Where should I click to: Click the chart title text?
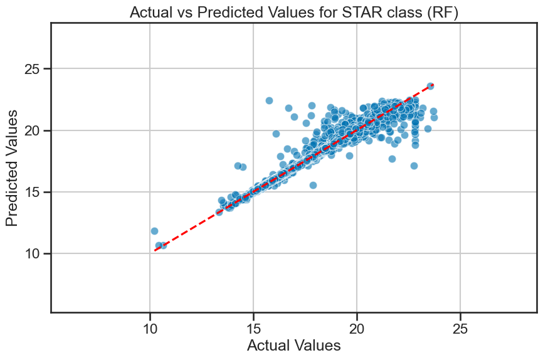click(294, 13)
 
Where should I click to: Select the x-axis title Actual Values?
click(294, 346)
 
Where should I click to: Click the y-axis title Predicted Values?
click(12, 168)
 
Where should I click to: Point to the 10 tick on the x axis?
click(150, 329)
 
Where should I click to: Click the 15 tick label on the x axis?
click(253, 329)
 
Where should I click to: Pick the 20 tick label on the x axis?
click(357, 329)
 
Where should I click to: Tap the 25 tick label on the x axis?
click(460, 329)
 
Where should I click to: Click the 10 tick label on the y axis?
click(33, 253)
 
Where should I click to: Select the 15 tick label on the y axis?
click(33, 193)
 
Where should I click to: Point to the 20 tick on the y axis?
click(33, 130)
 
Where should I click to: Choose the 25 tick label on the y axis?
click(33, 69)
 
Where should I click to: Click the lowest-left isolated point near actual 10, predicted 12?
click(154, 231)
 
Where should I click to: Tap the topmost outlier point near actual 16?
click(269, 100)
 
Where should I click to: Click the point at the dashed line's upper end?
click(430, 86)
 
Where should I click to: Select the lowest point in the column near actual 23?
click(414, 166)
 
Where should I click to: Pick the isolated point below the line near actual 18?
click(313, 186)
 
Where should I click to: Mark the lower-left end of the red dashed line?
click(154, 250)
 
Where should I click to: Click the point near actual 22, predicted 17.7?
click(392, 159)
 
